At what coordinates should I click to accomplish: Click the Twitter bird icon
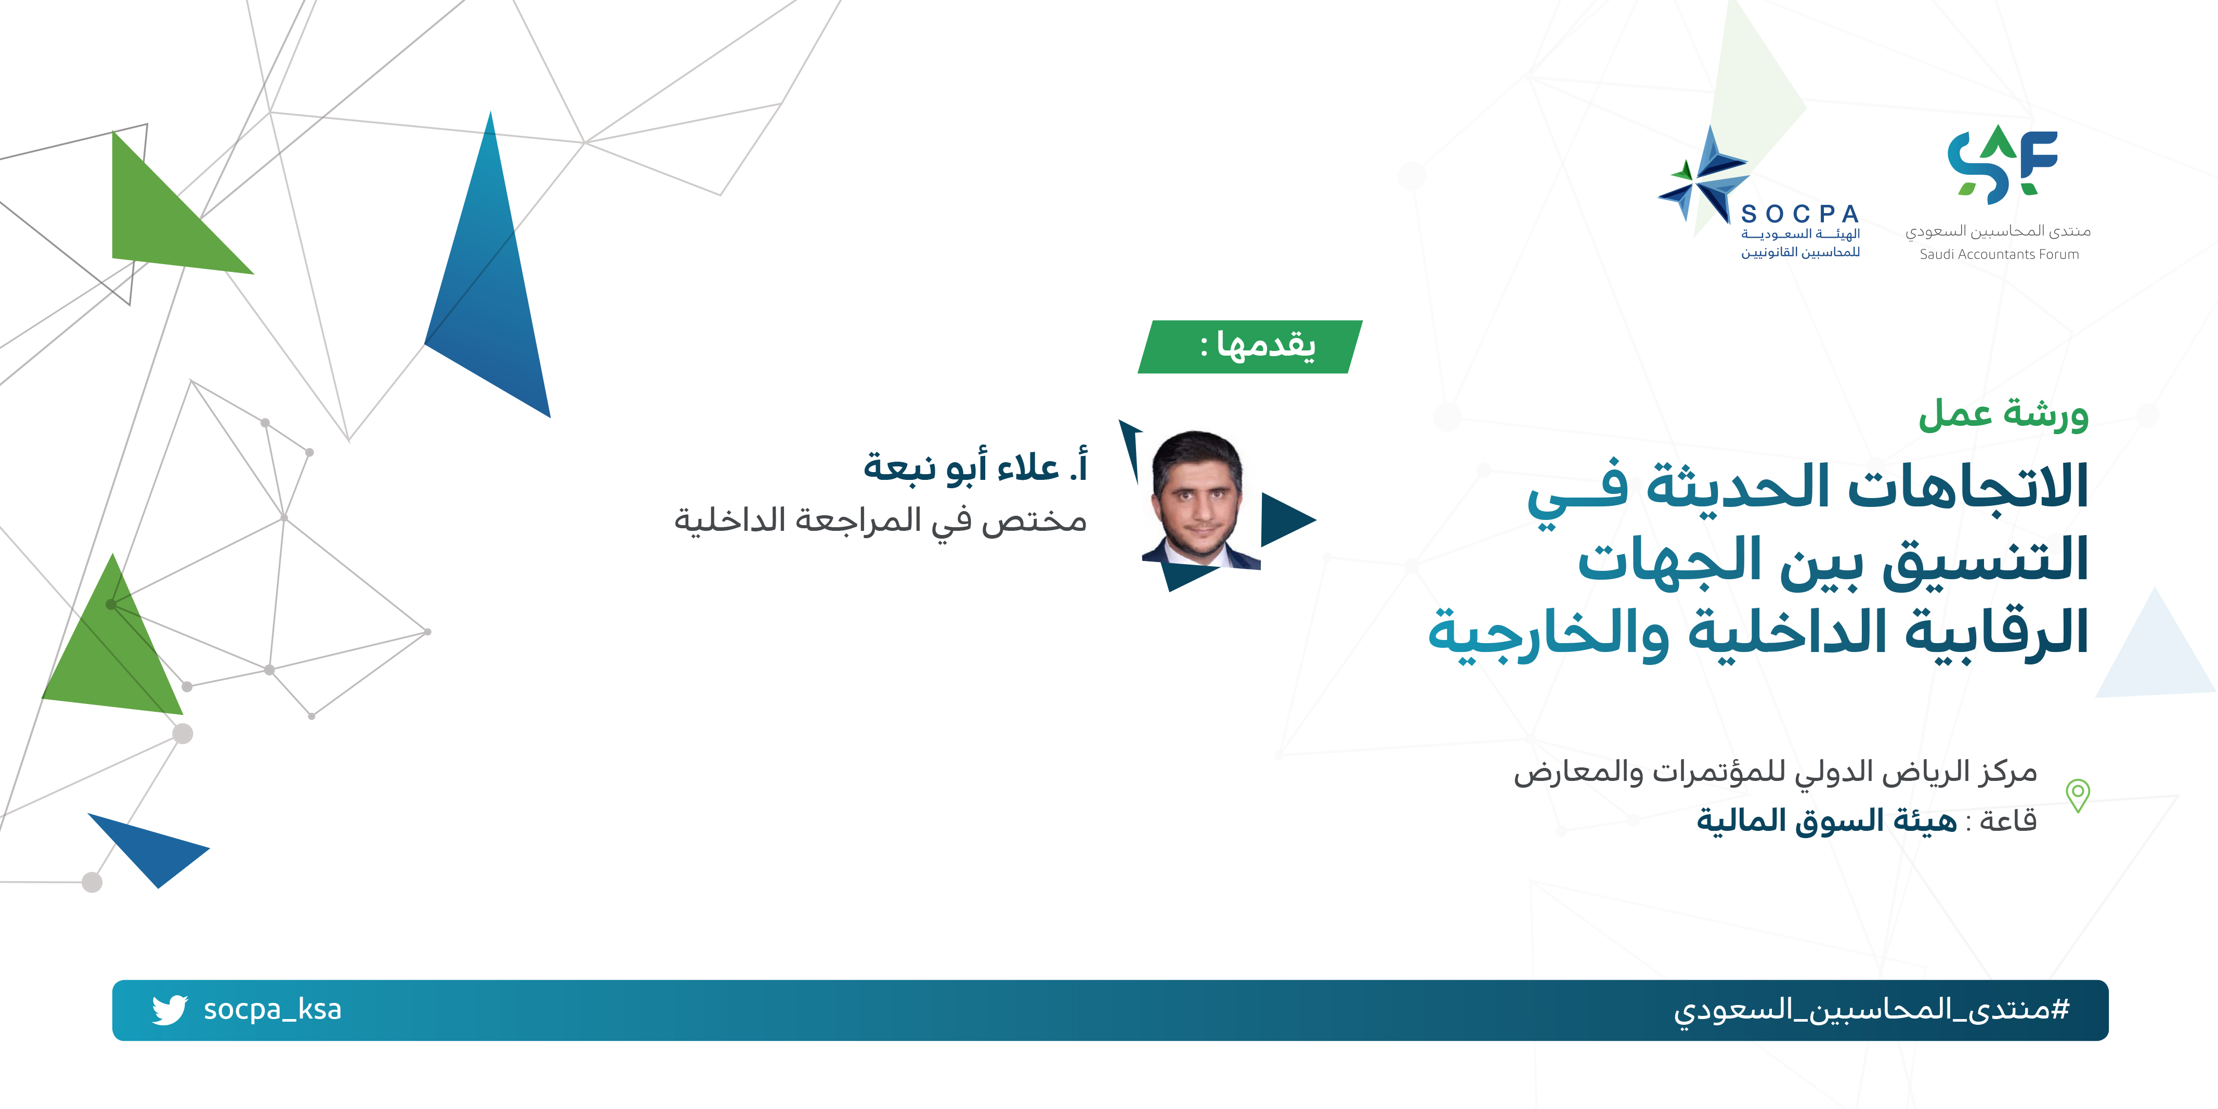click(x=169, y=1009)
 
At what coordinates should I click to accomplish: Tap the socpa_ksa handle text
click(x=272, y=1009)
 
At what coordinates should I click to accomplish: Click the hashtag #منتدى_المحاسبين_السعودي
click(x=1871, y=1009)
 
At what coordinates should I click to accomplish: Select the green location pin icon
click(x=2078, y=795)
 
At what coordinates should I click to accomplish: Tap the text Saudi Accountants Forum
click(x=1999, y=255)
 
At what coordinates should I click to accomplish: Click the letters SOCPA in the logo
click(x=1799, y=214)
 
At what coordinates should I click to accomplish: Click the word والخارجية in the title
click(x=1548, y=633)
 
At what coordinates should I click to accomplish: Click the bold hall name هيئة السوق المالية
click(x=1826, y=820)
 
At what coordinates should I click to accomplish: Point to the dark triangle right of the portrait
click(x=1288, y=519)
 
